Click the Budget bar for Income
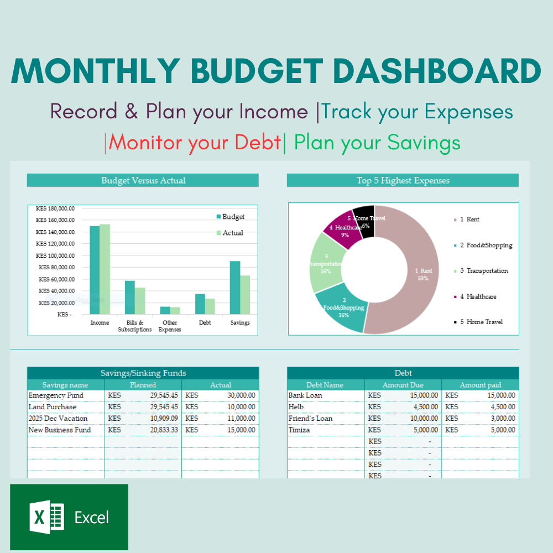click(95, 271)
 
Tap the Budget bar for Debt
click(200, 305)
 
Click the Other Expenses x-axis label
click(170, 326)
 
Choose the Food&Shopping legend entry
click(486, 245)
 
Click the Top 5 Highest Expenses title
click(403, 180)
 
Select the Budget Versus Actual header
click(143, 180)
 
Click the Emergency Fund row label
click(56, 395)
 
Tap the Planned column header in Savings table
click(143, 385)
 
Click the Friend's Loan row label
click(310, 418)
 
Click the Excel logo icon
click(47, 518)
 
